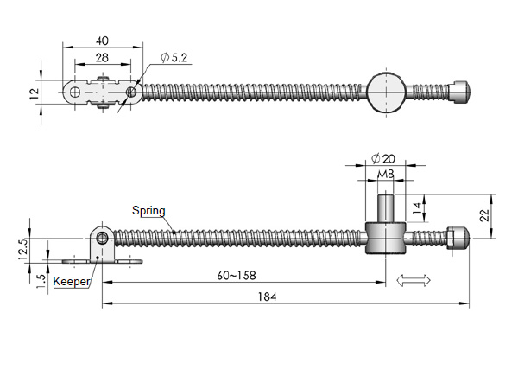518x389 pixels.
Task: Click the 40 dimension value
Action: tap(103, 41)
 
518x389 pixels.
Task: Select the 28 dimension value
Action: tap(103, 57)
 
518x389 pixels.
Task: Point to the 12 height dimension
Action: tap(35, 92)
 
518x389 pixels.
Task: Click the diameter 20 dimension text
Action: tap(382, 158)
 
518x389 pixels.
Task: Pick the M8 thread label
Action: tap(386, 175)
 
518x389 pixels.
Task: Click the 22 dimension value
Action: tap(485, 214)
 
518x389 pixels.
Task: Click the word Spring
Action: tap(148, 210)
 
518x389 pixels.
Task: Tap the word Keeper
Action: tap(71, 282)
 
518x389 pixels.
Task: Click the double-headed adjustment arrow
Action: tap(414, 279)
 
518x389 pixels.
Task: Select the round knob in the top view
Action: tap(386, 92)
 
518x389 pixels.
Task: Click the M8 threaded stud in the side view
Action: tap(386, 210)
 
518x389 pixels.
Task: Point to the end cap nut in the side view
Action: tap(458, 238)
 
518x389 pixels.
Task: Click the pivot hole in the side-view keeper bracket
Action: tap(103, 238)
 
